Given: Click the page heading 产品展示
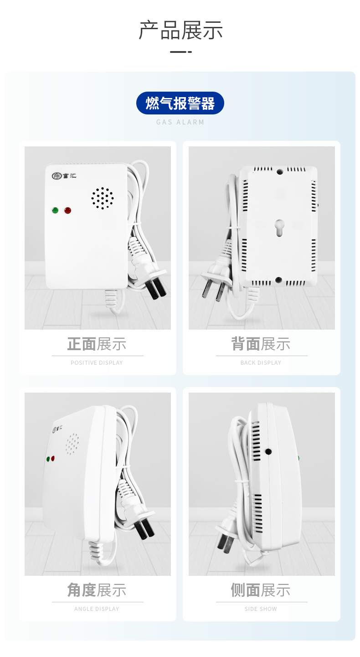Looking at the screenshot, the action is [x=180, y=30].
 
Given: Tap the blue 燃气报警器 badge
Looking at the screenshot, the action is [x=180, y=103].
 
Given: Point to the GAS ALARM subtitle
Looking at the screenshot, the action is [x=180, y=122].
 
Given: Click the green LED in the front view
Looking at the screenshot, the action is [x=55, y=210].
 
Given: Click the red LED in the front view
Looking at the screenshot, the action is [x=68, y=210].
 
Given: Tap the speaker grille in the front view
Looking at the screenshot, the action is [x=103, y=198].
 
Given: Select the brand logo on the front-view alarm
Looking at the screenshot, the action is [x=64, y=176].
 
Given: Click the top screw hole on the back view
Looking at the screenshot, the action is [x=280, y=171].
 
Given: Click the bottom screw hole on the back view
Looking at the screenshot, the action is [x=279, y=280].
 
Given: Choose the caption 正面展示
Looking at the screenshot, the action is [x=97, y=344].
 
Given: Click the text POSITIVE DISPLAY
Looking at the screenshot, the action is [x=97, y=363].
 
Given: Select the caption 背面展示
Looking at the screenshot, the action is [x=261, y=344].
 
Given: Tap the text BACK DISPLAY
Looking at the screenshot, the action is [x=261, y=363].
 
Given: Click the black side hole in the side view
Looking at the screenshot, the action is [x=268, y=452].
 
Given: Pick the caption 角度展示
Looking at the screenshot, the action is [x=97, y=590].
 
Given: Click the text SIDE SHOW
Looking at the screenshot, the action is [x=261, y=609].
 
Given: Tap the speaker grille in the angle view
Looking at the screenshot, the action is [x=72, y=444].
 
